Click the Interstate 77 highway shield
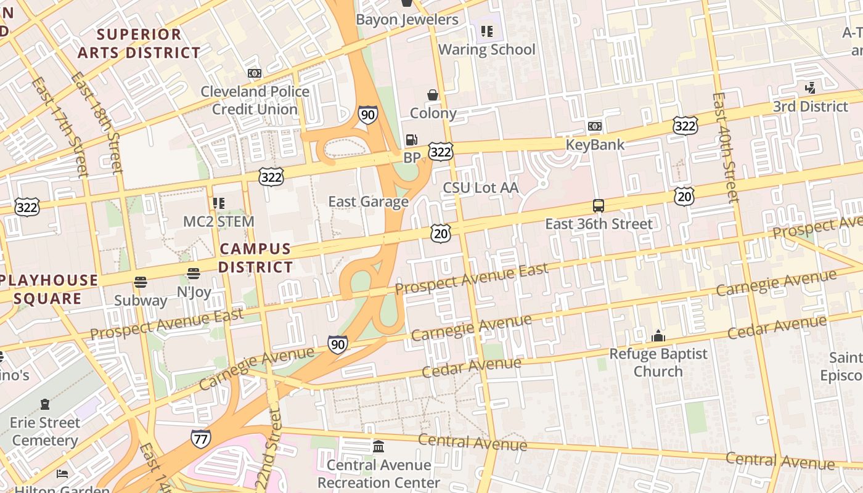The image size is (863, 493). [x=201, y=438]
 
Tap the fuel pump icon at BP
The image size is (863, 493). [x=411, y=140]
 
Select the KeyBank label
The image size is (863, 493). [x=595, y=145]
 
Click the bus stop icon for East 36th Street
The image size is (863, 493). [x=598, y=206]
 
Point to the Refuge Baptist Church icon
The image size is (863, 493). [x=658, y=336]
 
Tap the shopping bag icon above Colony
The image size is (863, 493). [x=433, y=95]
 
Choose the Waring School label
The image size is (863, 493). [x=486, y=49]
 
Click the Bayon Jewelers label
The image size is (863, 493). [x=407, y=20]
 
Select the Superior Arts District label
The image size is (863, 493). [x=139, y=43]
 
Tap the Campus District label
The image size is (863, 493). [x=255, y=258]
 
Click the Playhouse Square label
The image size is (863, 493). [x=49, y=289]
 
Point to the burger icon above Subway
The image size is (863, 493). [x=141, y=282]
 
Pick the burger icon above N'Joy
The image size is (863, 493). [x=194, y=274]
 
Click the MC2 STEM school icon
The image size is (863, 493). [x=218, y=203]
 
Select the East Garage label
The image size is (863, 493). [x=368, y=202]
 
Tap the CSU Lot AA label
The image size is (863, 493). [x=481, y=187]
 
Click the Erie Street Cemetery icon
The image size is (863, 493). [x=45, y=404]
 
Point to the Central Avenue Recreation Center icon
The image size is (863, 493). [x=378, y=446]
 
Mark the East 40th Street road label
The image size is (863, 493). [x=725, y=148]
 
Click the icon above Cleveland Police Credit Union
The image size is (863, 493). [x=254, y=73]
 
